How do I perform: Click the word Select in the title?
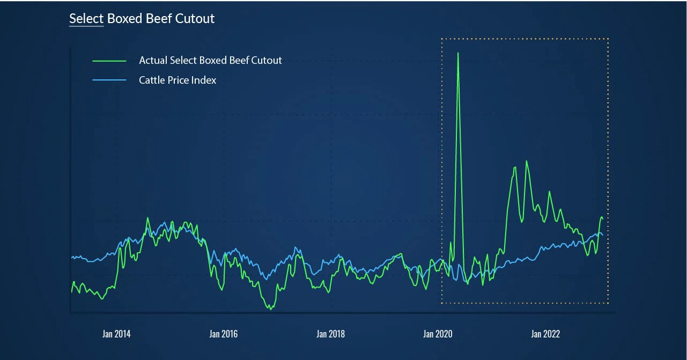click(x=86, y=19)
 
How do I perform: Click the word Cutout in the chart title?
click(x=195, y=19)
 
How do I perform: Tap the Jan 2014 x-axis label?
click(x=116, y=334)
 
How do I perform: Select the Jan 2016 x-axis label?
click(x=223, y=334)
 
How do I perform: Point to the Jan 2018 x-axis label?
click(x=330, y=334)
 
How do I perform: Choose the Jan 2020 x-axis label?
click(x=438, y=334)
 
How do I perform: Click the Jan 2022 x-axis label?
click(x=545, y=334)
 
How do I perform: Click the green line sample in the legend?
click(x=109, y=61)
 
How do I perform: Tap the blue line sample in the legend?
click(x=109, y=80)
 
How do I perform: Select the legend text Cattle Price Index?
click(x=178, y=80)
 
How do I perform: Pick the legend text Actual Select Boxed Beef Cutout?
click(x=210, y=61)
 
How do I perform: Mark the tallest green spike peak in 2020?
click(x=458, y=53)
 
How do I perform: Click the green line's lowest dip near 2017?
click(x=271, y=310)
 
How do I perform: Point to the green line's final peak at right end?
click(x=601, y=216)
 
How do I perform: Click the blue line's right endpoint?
click(x=603, y=235)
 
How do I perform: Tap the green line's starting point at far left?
click(x=71, y=292)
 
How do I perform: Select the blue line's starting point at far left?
click(x=71, y=258)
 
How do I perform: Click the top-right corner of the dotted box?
click(x=608, y=39)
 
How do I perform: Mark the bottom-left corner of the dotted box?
click(x=441, y=303)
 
